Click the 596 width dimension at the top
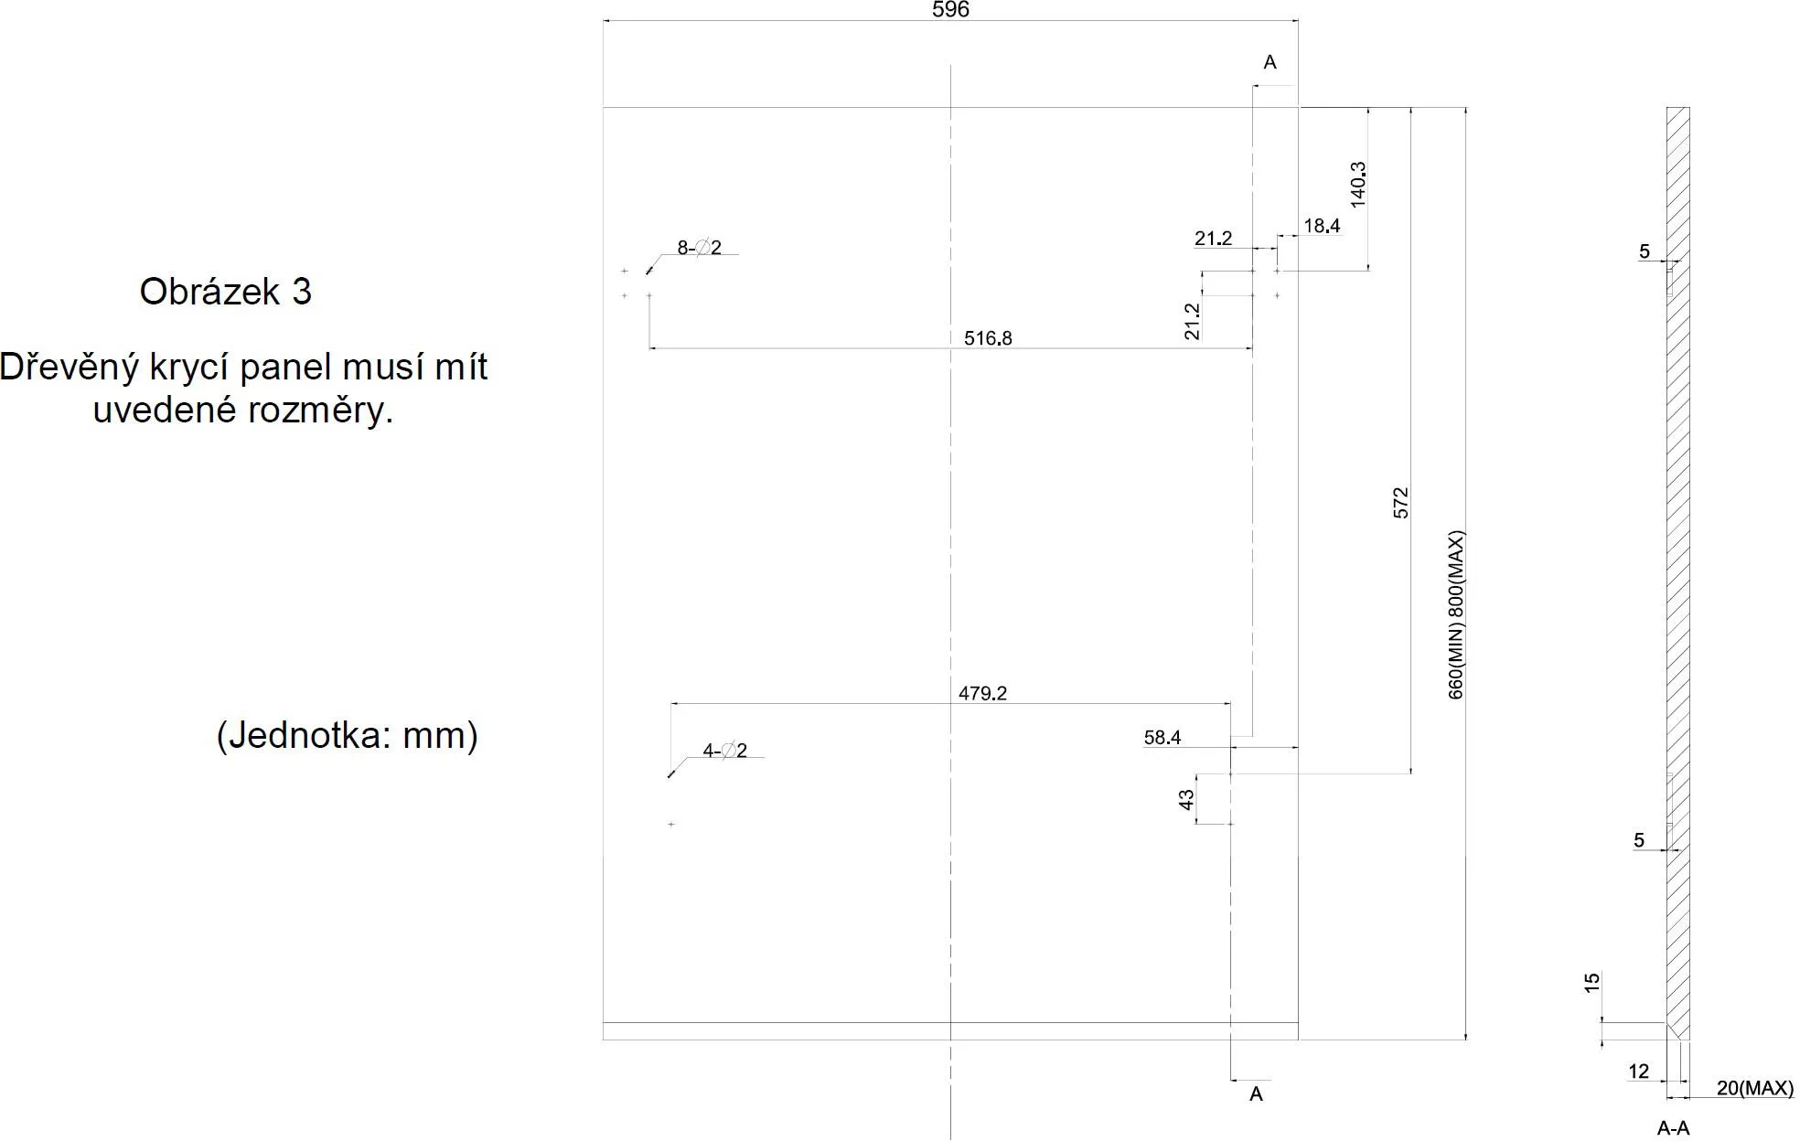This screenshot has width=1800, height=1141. click(x=949, y=10)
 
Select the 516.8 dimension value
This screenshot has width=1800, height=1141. click(x=988, y=338)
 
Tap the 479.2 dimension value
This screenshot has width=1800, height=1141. click(x=982, y=693)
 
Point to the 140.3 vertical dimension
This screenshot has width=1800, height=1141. click(x=1358, y=184)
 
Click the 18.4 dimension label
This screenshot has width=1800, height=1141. click(x=1322, y=225)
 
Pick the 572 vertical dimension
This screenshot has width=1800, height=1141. click(x=1400, y=503)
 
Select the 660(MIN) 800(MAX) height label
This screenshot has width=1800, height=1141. click(x=1456, y=614)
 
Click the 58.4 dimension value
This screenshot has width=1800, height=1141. click(x=1162, y=737)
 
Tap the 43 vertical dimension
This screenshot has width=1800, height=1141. click(x=1186, y=799)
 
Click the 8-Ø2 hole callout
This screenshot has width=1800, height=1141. click(x=699, y=248)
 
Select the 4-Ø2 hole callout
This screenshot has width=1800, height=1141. click(x=724, y=751)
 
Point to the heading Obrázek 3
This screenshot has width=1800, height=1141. click(x=225, y=292)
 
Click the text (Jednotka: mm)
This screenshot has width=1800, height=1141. click(x=347, y=735)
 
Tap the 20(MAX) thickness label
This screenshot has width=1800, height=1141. click(x=1754, y=1088)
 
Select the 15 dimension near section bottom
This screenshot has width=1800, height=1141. click(x=1591, y=982)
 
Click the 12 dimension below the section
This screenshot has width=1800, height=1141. click(x=1638, y=1072)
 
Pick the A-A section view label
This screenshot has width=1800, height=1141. click(x=1673, y=1129)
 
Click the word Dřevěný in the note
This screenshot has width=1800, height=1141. click(x=70, y=368)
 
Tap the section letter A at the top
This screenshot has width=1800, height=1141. click(x=1270, y=62)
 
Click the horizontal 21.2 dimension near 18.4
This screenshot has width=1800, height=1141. click(x=1213, y=239)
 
